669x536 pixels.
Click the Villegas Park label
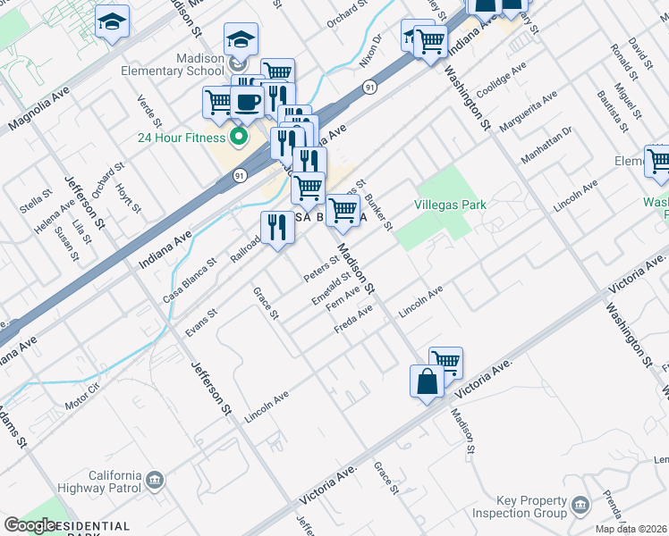(451, 205)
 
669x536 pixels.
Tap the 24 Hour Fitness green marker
(238, 138)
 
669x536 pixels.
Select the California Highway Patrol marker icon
(156, 482)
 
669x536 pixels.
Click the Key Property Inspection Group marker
(581, 507)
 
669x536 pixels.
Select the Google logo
(30, 525)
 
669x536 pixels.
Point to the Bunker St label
(381, 211)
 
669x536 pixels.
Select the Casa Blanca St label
(190, 281)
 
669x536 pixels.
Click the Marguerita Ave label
(529, 110)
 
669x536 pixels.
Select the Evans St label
(201, 322)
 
